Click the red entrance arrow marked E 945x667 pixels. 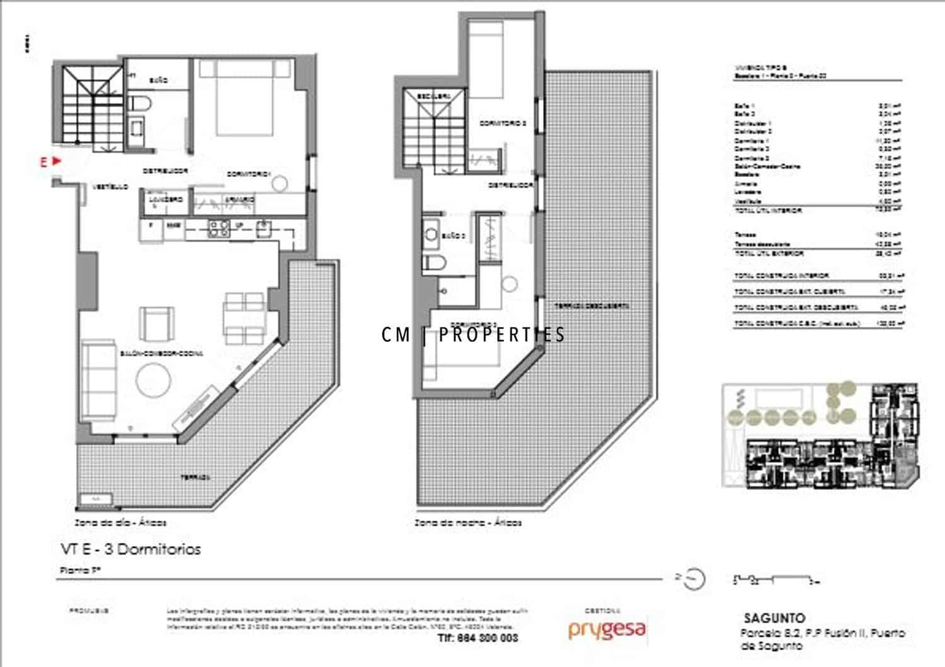[x=56, y=161]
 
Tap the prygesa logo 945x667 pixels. [x=607, y=630]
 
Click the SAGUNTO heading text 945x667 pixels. [x=774, y=618]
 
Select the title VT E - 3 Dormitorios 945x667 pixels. [x=131, y=549]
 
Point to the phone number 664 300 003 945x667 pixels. [x=478, y=638]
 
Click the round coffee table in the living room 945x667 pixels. [x=154, y=380]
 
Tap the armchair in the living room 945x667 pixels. [x=157, y=323]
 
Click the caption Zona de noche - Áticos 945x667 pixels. [x=468, y=523]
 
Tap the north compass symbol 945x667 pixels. [x=693, y=578]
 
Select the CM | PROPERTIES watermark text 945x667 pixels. [x=473, y=334]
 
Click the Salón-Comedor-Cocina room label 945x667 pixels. [x=161, y=353]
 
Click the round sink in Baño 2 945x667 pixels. [x=432, y=235]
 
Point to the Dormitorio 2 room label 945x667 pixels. [x=502, y=123]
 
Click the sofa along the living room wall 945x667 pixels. [x=98, y=381]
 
